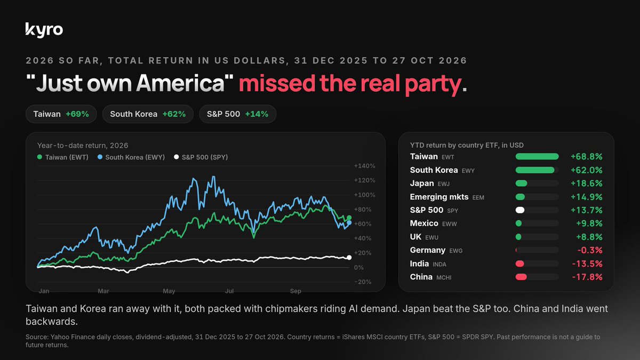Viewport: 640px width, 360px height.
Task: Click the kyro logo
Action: point(44,30)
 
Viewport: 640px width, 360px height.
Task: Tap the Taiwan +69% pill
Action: point(61,114)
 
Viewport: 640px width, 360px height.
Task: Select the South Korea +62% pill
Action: point(148,114)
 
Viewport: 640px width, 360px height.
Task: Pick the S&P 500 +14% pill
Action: point(237,114)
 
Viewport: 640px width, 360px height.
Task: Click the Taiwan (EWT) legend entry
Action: point(63,157)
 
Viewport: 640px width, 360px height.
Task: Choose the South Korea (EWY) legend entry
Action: point(131,157)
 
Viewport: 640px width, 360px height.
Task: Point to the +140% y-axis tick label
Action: point(365,166)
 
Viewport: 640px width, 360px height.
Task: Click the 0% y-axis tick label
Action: point(358,267)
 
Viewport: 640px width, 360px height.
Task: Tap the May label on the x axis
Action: point(169,291)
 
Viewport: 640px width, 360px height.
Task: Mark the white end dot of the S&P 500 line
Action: point(349,258)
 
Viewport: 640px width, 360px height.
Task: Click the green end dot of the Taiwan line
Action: point(349,218)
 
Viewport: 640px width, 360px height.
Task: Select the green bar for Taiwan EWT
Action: point(537,156)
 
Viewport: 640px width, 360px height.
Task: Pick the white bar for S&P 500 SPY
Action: point(520,210)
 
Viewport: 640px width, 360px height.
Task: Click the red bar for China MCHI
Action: point(521,277)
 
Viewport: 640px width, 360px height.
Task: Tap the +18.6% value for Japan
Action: point(586,183)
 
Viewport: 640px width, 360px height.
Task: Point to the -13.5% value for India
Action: point(587,263)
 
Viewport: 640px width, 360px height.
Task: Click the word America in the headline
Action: point(181,83)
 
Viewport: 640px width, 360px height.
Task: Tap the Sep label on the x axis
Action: point(295,291)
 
